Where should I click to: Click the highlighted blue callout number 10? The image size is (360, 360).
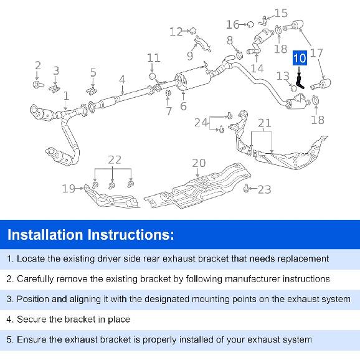point(300,58)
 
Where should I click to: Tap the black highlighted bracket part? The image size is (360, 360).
point(300,82)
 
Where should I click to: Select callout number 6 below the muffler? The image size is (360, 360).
point(183,106)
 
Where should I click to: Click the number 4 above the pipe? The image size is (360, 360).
point(122,80)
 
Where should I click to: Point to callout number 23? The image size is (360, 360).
point(265,189)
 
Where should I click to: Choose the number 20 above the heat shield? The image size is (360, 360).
point(199,163)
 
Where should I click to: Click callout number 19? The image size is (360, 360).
point(69,189)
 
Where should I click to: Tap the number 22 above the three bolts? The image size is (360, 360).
point(115,160)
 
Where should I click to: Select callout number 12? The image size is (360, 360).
point(176,32)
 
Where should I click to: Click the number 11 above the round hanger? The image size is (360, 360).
point(154,58)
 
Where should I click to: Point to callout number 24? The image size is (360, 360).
point(201,123)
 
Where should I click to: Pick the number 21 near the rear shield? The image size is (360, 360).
point(265,123)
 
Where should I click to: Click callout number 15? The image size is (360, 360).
point(281,13)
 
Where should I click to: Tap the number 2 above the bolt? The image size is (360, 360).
point(38,65)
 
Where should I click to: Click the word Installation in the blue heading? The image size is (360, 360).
point(45,235)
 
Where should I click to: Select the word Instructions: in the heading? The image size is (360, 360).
point(131,235)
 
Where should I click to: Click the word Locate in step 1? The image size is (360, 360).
point(31,258)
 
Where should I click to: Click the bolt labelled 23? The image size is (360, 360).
point(246,189)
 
